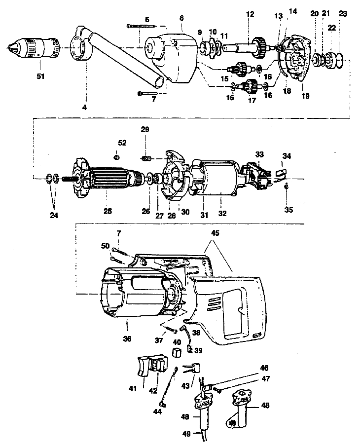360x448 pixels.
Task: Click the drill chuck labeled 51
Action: [x=36, y=48]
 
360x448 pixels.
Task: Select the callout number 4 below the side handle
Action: [x=84, y=105]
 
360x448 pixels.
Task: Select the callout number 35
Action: [x=288, y=210]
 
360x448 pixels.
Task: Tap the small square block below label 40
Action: [x=177, y=352]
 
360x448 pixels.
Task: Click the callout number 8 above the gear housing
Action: [x=181, y=18]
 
